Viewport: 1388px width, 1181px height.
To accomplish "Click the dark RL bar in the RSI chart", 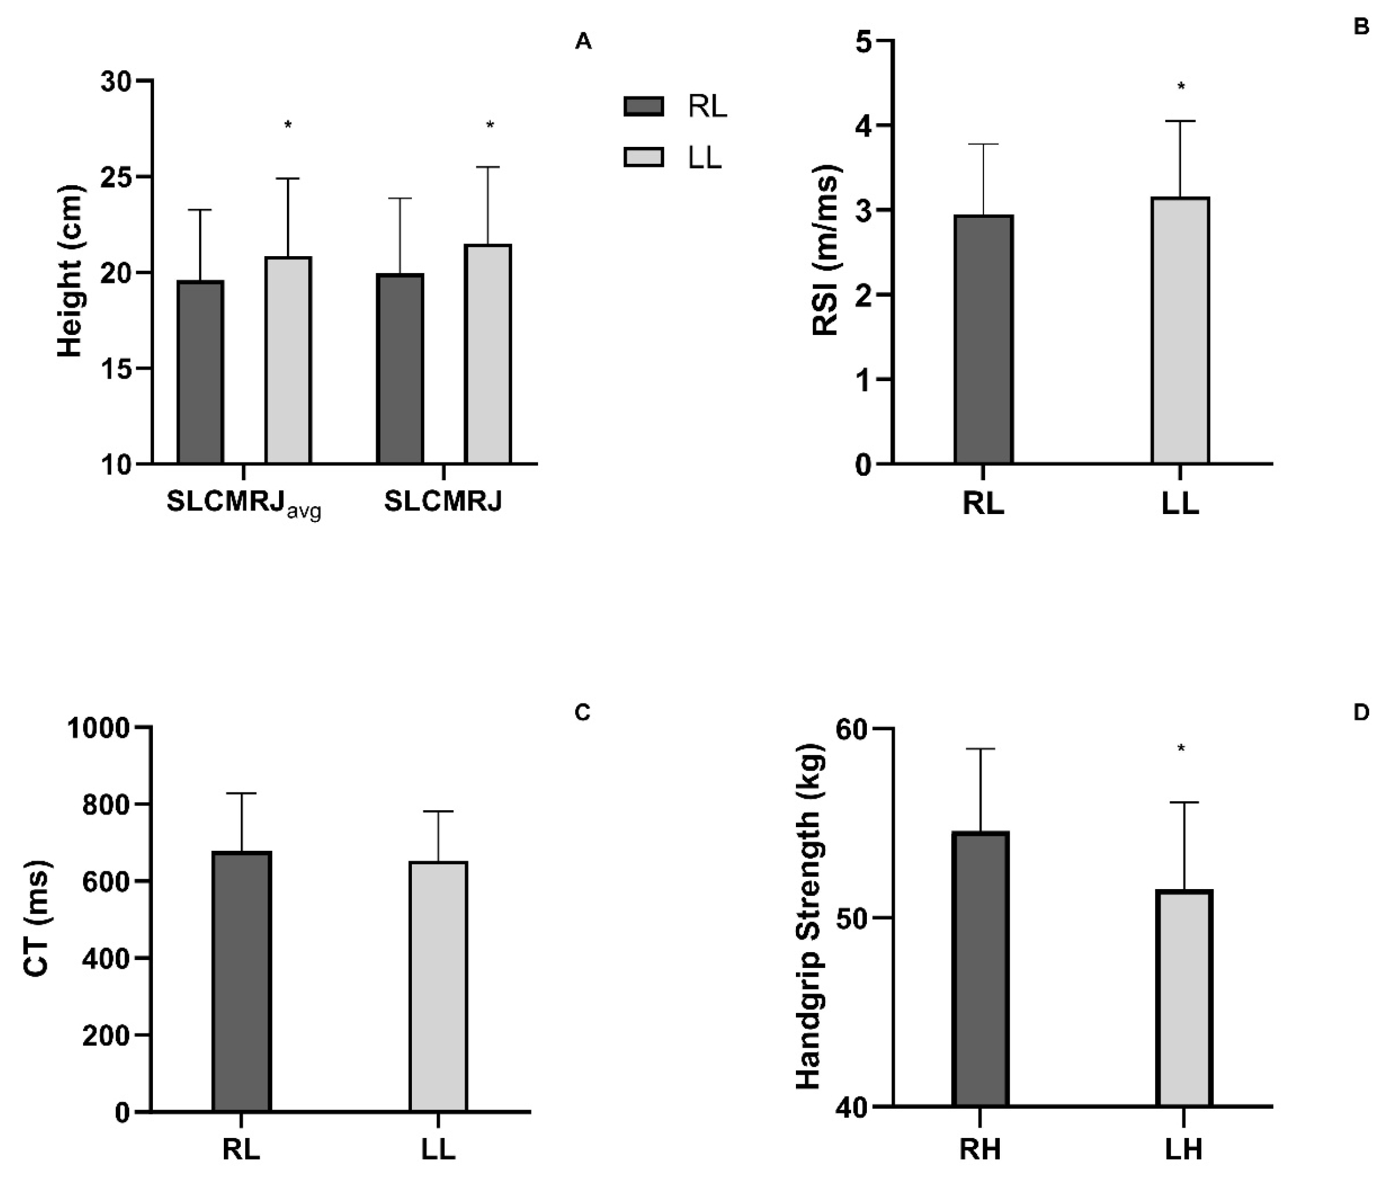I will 983,339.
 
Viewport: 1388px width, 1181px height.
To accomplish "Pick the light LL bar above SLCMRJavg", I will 288,360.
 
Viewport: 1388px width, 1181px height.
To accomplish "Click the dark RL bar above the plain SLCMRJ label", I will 400,369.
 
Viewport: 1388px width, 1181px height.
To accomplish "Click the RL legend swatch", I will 643,106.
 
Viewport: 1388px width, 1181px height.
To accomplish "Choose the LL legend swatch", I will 643,157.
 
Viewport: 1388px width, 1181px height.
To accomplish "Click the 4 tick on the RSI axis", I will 863,126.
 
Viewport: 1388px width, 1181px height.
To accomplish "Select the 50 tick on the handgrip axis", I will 852,918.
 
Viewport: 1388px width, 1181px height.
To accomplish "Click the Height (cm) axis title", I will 70,271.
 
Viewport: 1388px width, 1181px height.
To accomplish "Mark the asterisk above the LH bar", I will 1181,748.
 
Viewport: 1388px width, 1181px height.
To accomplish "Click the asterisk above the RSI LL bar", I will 1181,86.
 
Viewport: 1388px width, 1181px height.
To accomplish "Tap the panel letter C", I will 582,713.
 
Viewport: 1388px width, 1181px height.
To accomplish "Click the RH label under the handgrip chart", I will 980,1149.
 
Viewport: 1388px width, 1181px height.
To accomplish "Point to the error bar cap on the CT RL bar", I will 241,793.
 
